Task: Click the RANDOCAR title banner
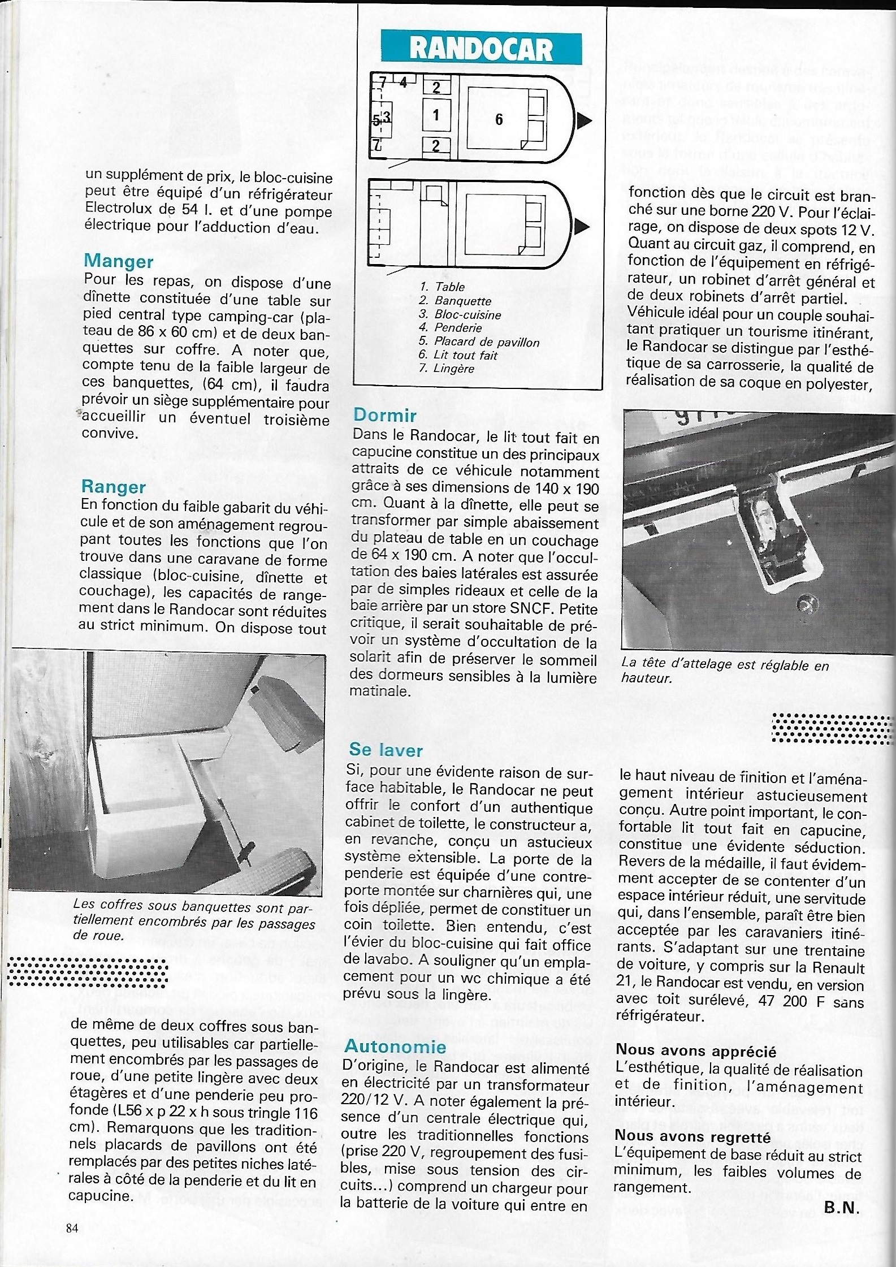tap(481, 49)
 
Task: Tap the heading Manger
tap(118, 261)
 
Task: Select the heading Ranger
tap(113, 487)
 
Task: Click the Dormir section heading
tap(384, 416)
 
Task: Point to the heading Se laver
tap(386, 750)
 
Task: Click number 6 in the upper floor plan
tap(499, 119)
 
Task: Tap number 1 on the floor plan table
tap(436, 115)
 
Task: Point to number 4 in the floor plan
tap(403, 83)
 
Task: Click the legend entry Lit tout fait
tap(458, 355)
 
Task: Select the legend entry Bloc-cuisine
tap(460, 314)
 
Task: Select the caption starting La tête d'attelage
tap(725, 671)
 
